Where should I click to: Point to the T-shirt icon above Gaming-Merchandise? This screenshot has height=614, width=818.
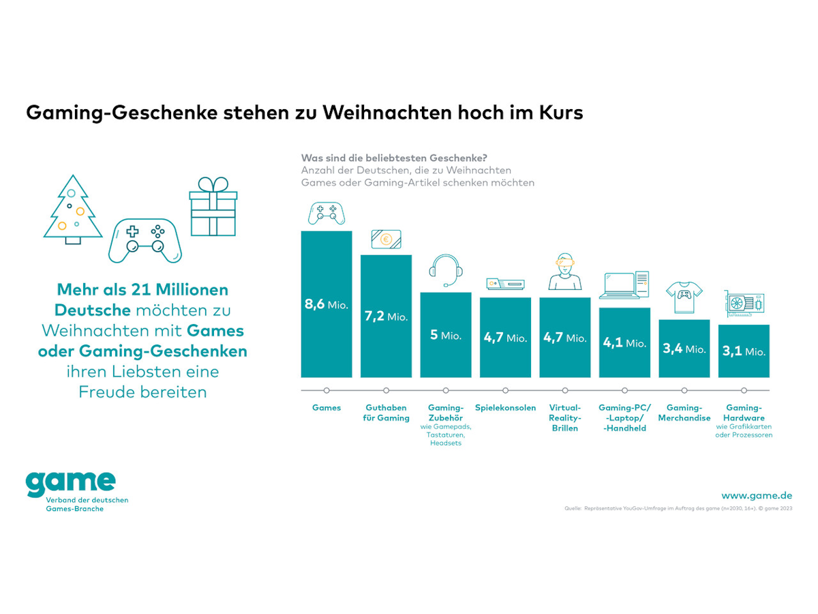tap(684, 295)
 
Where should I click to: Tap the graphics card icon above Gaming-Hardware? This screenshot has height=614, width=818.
tap(744, 302)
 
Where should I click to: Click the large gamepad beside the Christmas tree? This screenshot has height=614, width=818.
tap(145, 240)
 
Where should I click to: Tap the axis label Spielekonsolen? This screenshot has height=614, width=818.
tap(505, 408)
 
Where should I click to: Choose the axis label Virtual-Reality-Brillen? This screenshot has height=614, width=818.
tap(565, 418)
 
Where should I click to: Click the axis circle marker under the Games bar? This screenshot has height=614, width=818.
tap(327, 390)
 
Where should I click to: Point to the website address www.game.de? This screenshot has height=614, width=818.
tap(757, 495)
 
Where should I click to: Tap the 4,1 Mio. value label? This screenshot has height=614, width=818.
tap(624, 343)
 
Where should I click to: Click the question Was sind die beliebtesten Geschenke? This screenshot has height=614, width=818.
tap(394, 158)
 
